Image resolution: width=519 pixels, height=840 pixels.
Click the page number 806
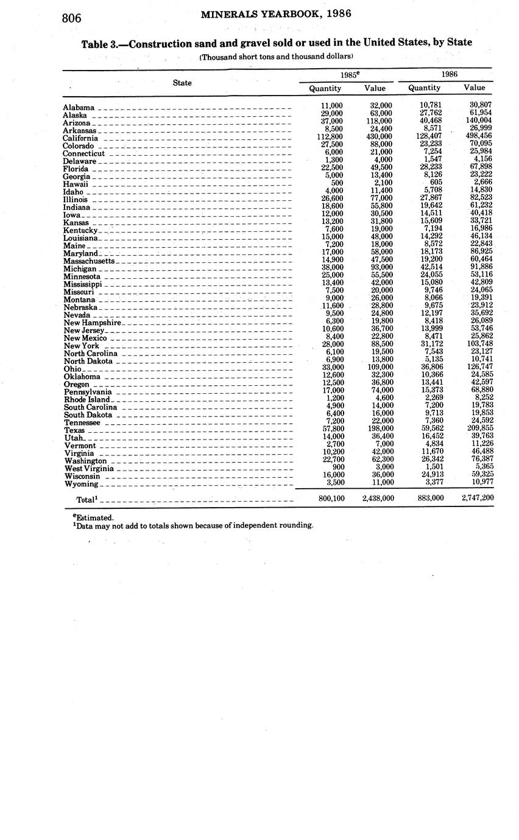point(72,18)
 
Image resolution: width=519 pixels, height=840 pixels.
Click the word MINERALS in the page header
point(228,14)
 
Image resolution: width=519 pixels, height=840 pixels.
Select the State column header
point(182,83)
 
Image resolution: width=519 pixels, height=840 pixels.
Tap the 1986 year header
point(449,74)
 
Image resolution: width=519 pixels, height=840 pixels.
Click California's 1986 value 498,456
point(477,136)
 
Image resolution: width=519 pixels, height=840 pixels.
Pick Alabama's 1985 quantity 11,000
point(332,105)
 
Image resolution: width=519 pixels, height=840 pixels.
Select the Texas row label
point(74,430)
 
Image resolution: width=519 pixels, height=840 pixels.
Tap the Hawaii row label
point(76,184)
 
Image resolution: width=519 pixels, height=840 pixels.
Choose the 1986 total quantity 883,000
point(430,498)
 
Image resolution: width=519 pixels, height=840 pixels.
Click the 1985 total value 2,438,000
point(378,498)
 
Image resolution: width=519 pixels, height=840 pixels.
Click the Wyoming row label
point(80,485)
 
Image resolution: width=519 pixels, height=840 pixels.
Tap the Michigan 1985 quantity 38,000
point(332,267)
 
